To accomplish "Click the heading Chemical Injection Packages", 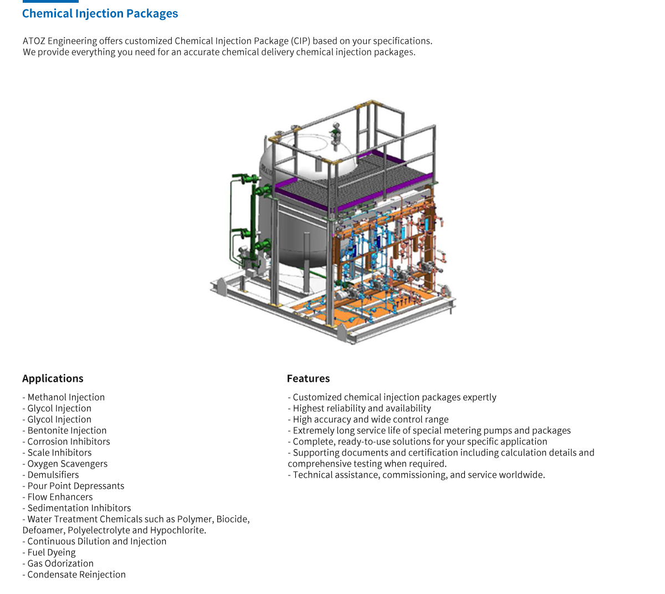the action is tap(100, 13).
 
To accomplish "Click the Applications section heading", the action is tap(53, 378).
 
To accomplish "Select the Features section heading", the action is tap(308, 378).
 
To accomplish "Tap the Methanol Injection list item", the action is tap(64, 397).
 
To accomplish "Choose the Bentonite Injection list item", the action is tap(65, 430).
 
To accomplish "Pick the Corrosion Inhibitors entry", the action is tap(66, 442).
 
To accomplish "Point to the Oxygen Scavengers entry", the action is tap(65, 464).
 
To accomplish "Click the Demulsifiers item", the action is tap(51, 475).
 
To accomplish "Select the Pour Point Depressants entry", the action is tap(74, 486).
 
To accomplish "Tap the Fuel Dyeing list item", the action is tap(49, 552).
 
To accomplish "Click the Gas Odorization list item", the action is tap(58, 564).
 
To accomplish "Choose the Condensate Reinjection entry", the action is tap(74, 575).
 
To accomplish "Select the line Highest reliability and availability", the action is tap(360, 408).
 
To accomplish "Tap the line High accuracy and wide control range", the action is tap(368, 419).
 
